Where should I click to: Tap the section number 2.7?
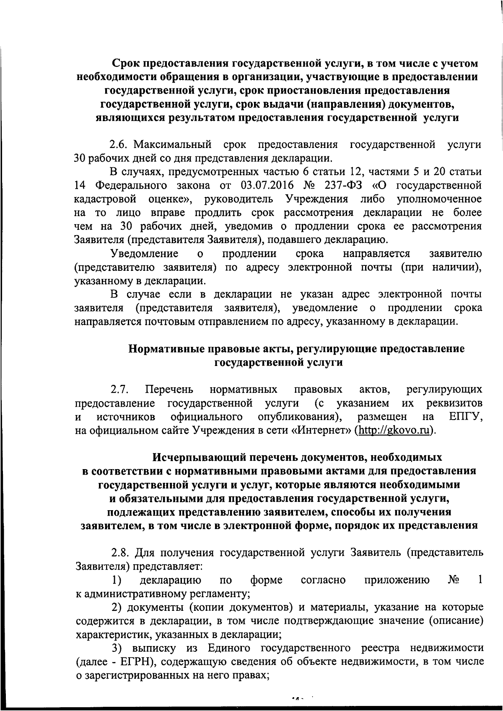pos(119,389)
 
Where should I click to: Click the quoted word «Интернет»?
pos(321,430)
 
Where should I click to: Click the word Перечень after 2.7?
pos(169,389)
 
